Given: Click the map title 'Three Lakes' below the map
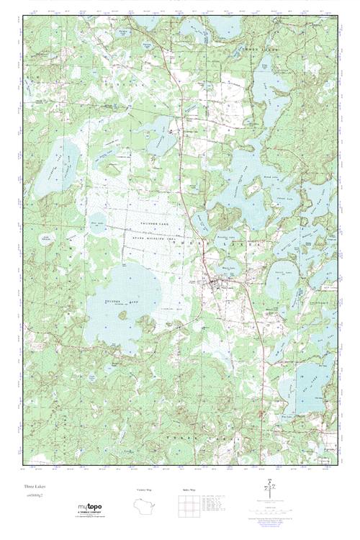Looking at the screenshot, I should coord(32,487).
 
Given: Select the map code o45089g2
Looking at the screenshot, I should coord(33,497).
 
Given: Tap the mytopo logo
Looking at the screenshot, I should coord(89,508).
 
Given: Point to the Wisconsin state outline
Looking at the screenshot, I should coord(145,505).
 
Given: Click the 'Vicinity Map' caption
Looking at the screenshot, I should coord(145,490).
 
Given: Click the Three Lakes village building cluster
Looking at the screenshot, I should coord(212,284).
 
